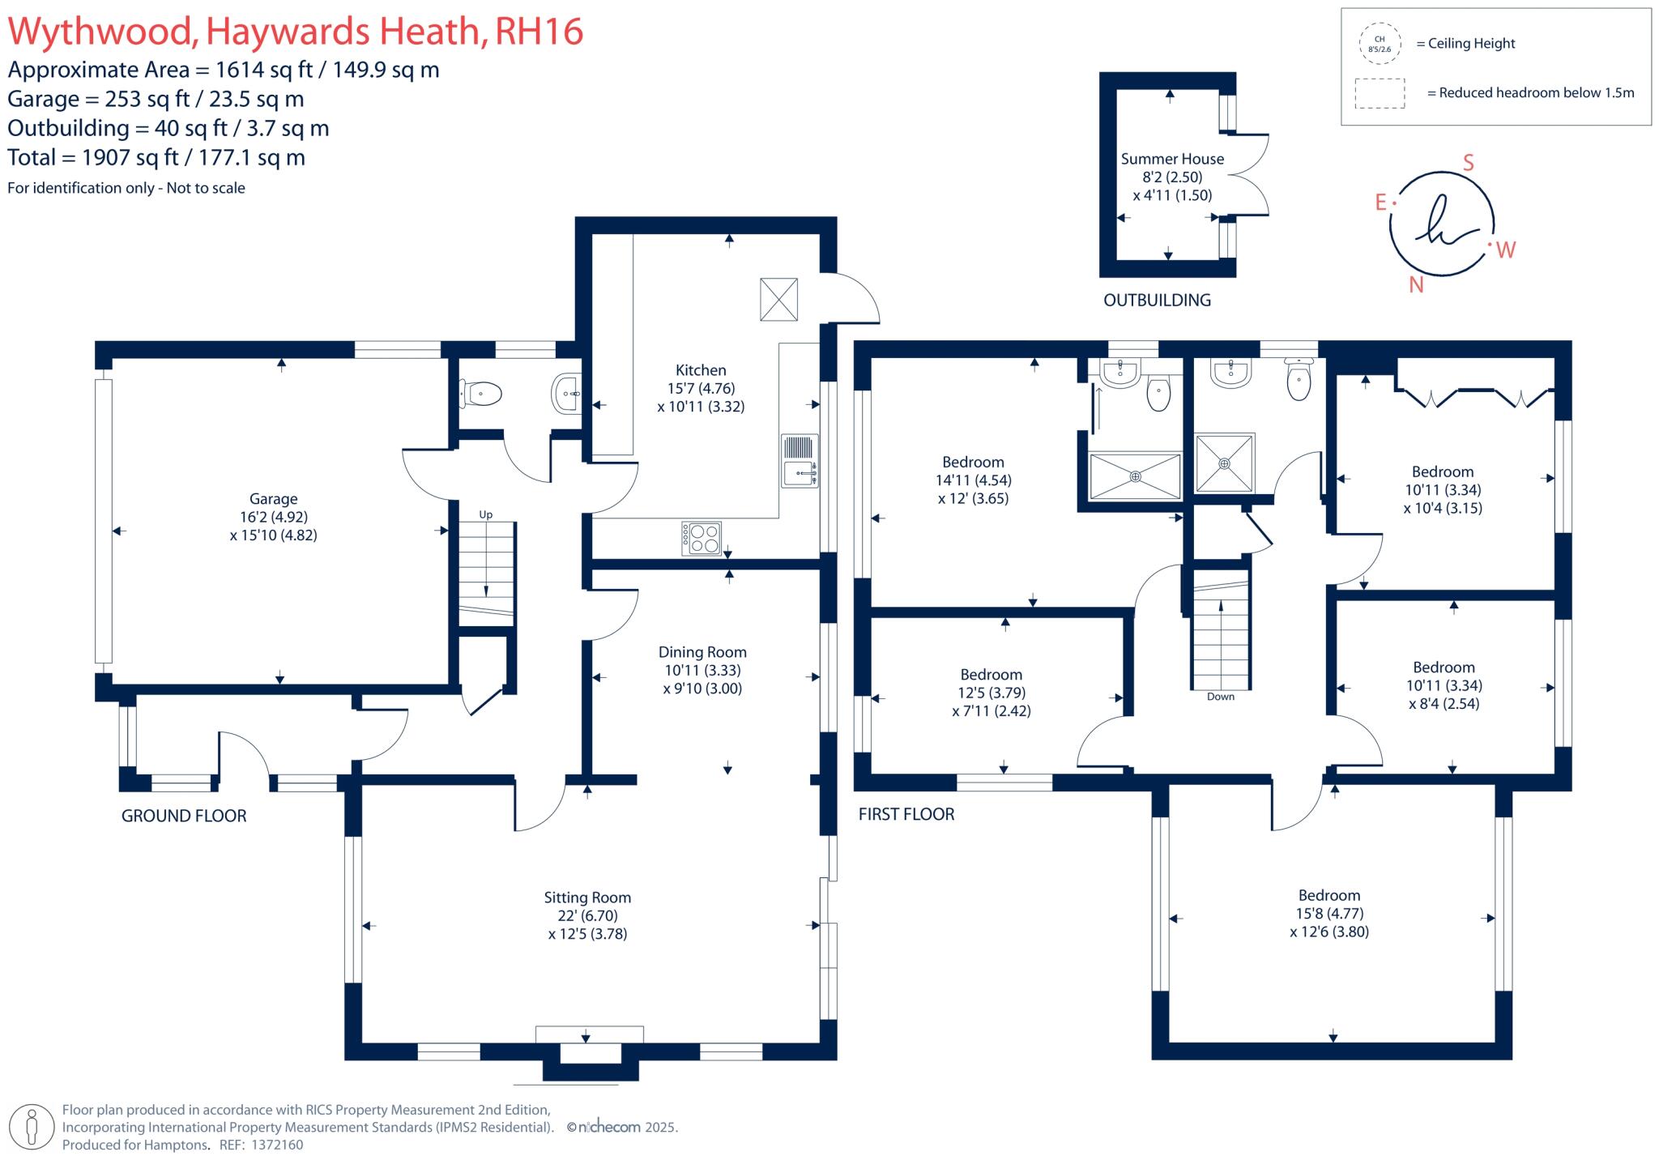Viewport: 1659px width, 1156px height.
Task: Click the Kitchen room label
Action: click(701, 370)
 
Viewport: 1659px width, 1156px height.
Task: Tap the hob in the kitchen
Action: click(702, 539)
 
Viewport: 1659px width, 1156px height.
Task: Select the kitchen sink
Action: click(800, 462)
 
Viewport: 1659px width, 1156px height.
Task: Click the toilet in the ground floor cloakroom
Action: click(481, 395)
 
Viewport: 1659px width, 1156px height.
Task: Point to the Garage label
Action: click(273, 499)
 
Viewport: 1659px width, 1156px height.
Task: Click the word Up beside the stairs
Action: click(485, 514)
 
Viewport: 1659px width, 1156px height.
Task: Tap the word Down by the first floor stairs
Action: click(1220, 697)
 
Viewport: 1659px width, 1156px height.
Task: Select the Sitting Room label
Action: click(587, 898)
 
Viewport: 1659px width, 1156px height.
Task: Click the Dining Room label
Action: click(702, 652)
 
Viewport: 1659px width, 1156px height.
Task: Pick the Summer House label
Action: click(1172, 159)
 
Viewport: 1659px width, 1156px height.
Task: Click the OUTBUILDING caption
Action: click(1157, 301)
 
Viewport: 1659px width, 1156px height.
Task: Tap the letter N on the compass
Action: click(1416, 284)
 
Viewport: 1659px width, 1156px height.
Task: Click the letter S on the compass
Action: click(1468, 163)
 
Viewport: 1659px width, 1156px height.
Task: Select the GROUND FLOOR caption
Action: click(184, 816)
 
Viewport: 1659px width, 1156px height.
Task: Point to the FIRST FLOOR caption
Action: click(906, 814)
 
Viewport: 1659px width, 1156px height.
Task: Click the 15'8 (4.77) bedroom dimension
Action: click(1329, 913)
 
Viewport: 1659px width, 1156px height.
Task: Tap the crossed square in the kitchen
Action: click(778, 299)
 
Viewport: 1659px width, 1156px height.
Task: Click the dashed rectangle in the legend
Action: click(1380, 93)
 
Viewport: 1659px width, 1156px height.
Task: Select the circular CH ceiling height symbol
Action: click(1380, 44)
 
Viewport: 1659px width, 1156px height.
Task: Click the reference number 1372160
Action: click(277, 1145)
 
